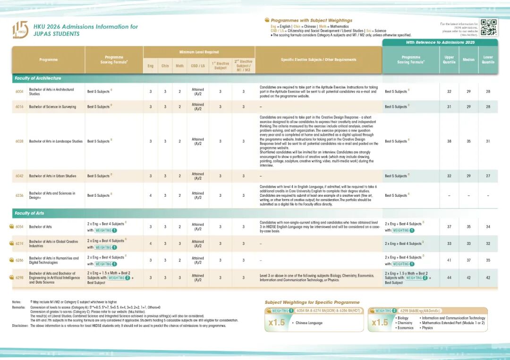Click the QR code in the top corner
tap(489, 27)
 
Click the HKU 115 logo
tap(20, 29)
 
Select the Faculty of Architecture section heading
tap(38, 78)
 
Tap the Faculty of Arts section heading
tap(29, 213)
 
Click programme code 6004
tap(19, 92)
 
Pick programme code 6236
tap(19, 195)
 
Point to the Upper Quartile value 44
tap(449, 278)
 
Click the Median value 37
tap(468, 260)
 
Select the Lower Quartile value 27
tap(488, 176)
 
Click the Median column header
tap(468, 60)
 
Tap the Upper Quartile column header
tap(449, 60)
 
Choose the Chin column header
tap(165, 66)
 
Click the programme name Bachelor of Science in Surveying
tap(52, 107)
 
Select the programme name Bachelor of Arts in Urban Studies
tap(52, 176)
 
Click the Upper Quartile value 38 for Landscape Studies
tap(449, 141)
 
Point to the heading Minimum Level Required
tap(199, 52)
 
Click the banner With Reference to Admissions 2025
tap(440, 42)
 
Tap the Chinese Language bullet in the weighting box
tap(309, 323)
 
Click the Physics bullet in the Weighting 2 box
tap(427, 328)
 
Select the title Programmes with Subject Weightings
tap(311, 21)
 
